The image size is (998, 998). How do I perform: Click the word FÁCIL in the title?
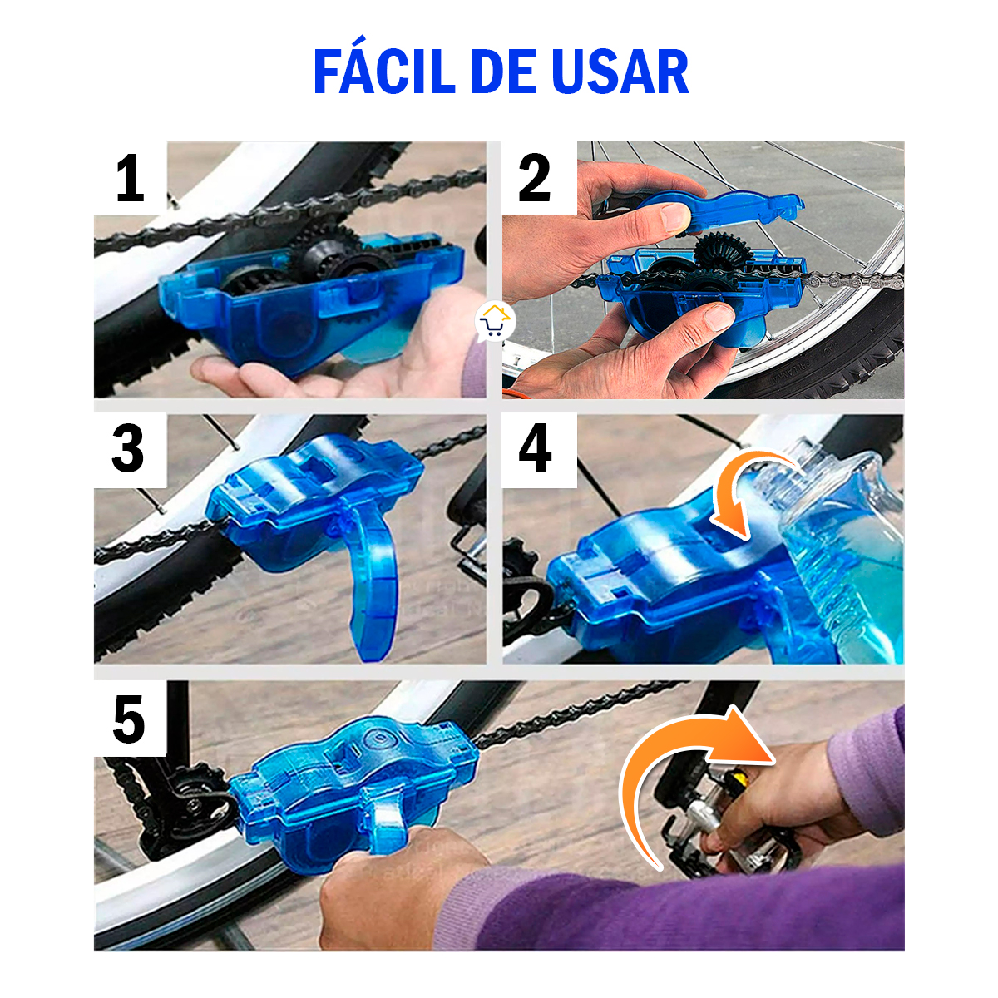(x=385, y=72)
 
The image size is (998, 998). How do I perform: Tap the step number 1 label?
(x=130, y=180)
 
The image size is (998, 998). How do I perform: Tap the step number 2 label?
(x=535, y=180)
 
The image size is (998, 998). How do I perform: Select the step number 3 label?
(x=129, y=450)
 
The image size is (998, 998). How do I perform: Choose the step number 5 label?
(x=129, y=719)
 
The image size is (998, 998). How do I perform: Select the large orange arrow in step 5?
(x=682, y=773)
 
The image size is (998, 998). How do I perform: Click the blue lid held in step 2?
(x=732, y=211)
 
